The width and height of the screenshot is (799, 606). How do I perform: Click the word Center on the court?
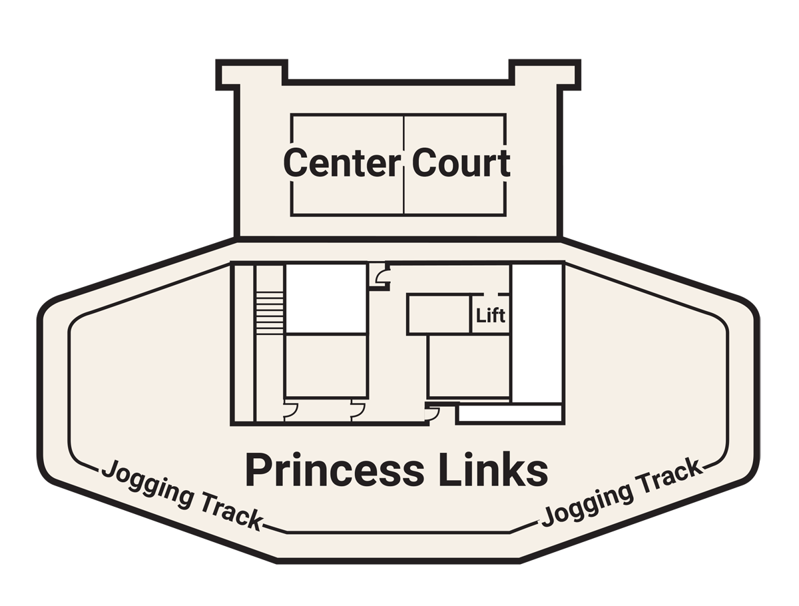(342, 162)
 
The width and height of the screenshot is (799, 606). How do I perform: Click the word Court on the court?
(461, 162)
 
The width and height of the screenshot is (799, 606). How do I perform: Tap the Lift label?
(490, 316)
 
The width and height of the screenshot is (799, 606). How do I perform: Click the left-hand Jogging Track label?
(181, 495)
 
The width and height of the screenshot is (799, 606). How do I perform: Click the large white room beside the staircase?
(326, 298)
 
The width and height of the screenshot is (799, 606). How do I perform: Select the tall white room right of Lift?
(537, 334)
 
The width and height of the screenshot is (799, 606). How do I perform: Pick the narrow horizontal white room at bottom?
(509, 414)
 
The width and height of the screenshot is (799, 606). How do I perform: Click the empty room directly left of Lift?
(439, 314)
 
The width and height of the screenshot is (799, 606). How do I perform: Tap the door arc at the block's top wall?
(382, 276)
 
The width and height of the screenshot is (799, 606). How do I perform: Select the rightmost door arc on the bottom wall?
(433, 414)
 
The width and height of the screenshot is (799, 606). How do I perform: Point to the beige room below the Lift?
(469, 366)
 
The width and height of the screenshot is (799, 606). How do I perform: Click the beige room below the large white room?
(326, 366)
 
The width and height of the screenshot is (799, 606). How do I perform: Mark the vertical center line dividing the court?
(403, 165)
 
